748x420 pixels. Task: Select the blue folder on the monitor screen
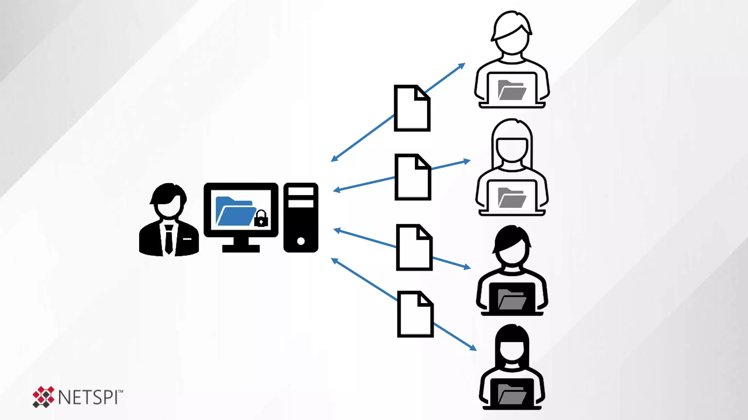pyautogui.click(x=236, y=212)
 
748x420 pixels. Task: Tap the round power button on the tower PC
pyautogui.click(x=301, y=241)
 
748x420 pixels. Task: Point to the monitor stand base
pyautogui.click(x=241, y=249)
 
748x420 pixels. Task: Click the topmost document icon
pyautogui.click(x=412, y=108)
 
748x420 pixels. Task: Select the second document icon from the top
pyautogui.click(x=413, y=177)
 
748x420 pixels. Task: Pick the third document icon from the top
pyautogui.click(x=414, y=248)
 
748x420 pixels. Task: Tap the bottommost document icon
pyautogui.click(x=415, y=314)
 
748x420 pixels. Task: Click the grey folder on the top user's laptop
pyautogui.click(x=512, y=90)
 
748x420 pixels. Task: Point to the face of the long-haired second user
pyautogui.click(x=512, y=149)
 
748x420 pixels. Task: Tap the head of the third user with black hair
pyautogui.click(x=512, y=246)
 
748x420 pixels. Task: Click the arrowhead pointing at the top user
pyautogui.click(x=462, y=66)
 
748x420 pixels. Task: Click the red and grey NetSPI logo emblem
pyautogui.click(x=43, y=397)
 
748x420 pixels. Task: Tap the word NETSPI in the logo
pyautogui.click(x=88, y=397)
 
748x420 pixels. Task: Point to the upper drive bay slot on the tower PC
pyautogui.click(x=301, y=191)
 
